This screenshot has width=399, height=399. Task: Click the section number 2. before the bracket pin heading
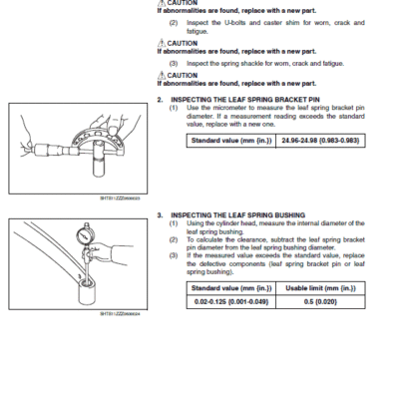pyautogui.click(x=160, y=100)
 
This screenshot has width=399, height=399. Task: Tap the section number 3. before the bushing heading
pyautogui.click(x=160, y=214)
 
